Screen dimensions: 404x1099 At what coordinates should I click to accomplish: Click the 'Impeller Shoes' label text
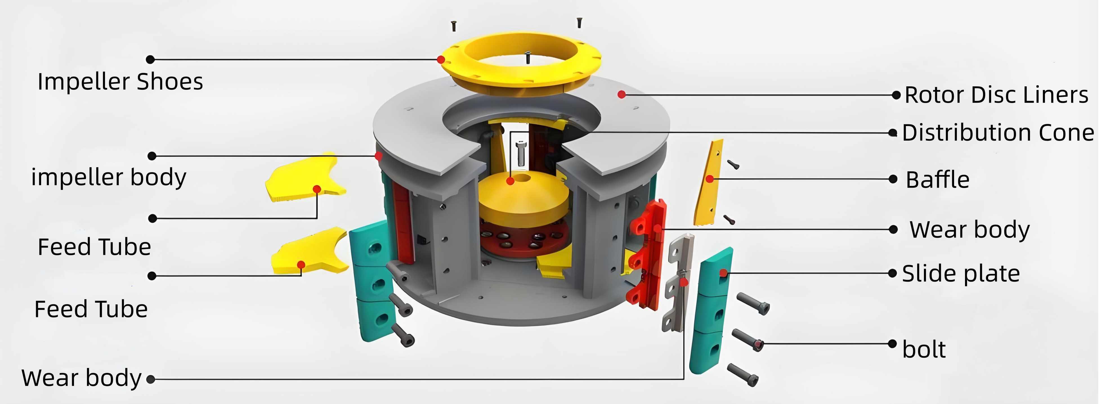pyautogui.click(x=120, y=82)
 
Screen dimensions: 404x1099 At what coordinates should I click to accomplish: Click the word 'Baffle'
pyautogui.click(x=937, y=179)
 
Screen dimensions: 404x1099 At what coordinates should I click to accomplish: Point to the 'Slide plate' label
pyautogui.click(x=961, y=273)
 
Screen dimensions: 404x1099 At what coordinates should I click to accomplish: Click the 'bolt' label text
pyautogui.click(x=924, y=349)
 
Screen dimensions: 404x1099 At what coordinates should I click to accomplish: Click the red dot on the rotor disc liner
pyautogui.click(x=622, y=94)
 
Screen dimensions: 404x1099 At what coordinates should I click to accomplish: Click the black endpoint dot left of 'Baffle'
pyautogui.click(x=893, y=179)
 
